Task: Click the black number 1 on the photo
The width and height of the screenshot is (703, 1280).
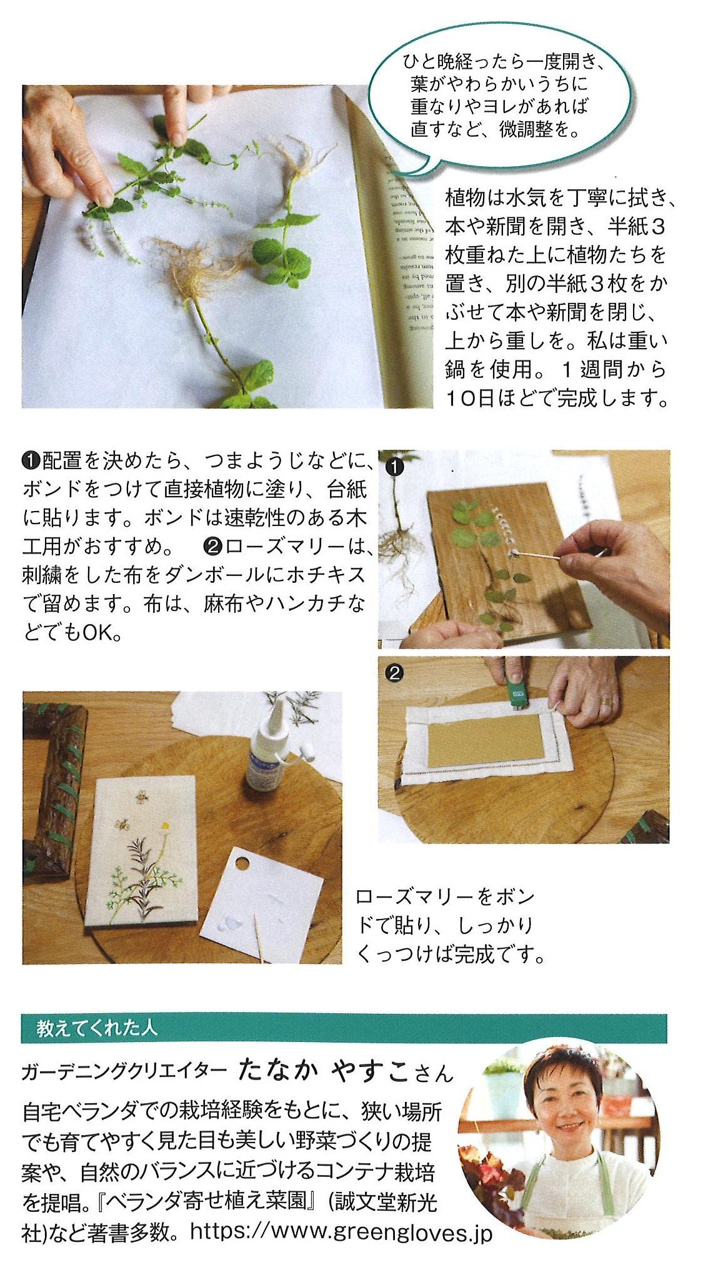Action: coord(396,466)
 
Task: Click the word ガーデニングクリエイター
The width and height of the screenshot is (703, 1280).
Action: coord(124,1072)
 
